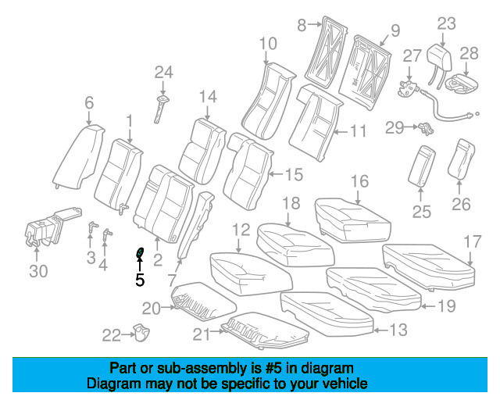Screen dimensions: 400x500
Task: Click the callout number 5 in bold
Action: pyautogui.click(x=140, y=279)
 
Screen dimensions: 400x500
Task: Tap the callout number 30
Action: pyautogui.click(x=38, y=271)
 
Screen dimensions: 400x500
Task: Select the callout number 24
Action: pyautogui.click(x=162, y=73)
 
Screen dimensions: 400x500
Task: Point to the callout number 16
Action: pyautogui.click(x=359, y=182)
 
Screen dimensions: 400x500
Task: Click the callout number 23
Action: pyautogui.click(x=445, y=23)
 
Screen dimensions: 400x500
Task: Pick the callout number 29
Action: pyautogui.click(x=394, y=127)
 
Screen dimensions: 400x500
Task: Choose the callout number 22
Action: pyautogui.click(x=111, y=336)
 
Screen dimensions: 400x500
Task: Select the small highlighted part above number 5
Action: pyautogui.click(x=141, y=253)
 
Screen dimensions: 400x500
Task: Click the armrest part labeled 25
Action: pyautogui.click(x=423, y=166)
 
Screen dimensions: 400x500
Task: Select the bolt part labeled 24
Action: pyautogui.click(x=162, y=105)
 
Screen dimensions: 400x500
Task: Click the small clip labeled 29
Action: pyautogui.click(x=424, y=127)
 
